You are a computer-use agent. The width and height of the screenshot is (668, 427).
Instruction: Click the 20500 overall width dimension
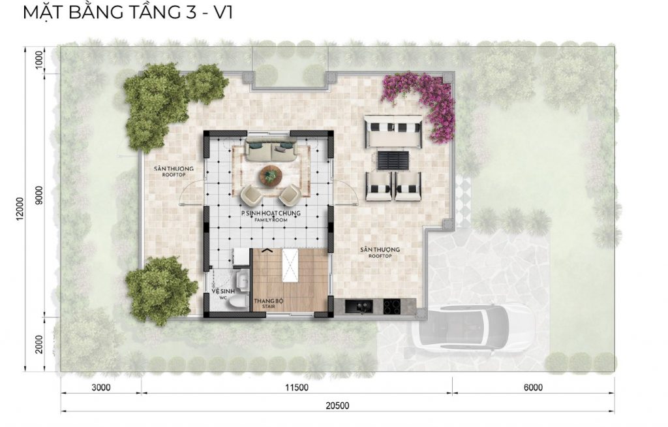coord(337,405)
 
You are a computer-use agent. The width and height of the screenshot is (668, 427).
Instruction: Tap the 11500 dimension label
coord(297,388)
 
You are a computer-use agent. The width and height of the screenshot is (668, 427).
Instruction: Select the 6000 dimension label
coord(533,387)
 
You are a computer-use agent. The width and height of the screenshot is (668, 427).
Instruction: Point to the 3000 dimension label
coord(101,387)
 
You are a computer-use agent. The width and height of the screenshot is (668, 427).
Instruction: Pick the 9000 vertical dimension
coord(39,195)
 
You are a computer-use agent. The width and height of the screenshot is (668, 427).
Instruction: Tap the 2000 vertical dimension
coord(39,344)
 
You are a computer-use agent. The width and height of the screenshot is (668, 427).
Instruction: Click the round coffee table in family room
coord(271,175)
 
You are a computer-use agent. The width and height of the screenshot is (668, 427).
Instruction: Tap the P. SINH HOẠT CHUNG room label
coord(271,214)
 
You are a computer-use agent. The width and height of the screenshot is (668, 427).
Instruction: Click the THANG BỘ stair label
coord(269,301)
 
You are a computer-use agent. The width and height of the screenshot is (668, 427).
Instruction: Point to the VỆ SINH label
coord(223,291)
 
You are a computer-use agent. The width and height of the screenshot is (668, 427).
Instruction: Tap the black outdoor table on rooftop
coord(393,160)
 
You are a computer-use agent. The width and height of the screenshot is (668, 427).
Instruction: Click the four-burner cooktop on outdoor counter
coord(391,306)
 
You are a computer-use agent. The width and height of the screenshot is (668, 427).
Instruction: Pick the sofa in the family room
coord(271,150)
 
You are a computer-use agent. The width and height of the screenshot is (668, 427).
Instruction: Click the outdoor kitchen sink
coord(359,306)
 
